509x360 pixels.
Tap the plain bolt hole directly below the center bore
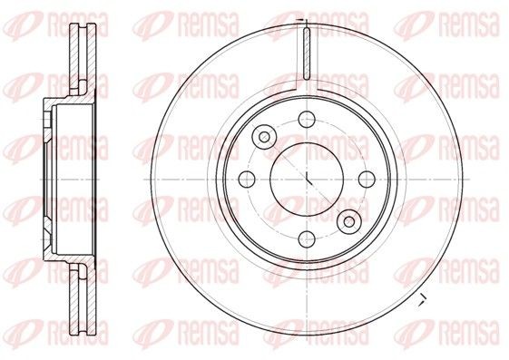(307, 238)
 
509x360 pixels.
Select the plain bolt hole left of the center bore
(245, 177)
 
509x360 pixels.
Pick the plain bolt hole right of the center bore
(367, 177)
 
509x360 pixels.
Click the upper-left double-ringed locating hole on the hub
(264, 136)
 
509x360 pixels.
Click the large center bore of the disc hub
(307, 177)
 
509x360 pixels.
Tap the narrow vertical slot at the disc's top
(307, 54)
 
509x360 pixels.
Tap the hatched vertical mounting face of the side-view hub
(45, 177)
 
